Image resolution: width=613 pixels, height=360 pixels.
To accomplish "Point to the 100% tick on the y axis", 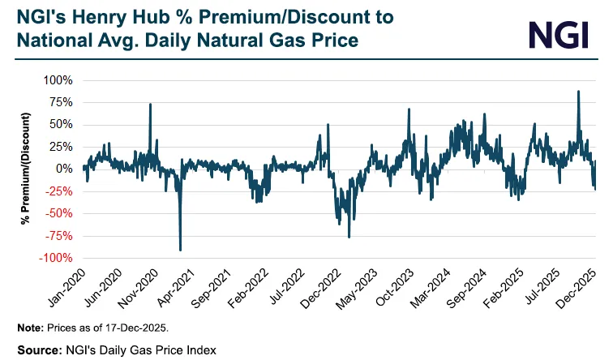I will click(x=58, y=80).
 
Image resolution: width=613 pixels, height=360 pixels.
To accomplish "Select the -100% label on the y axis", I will click(x=56, y=258).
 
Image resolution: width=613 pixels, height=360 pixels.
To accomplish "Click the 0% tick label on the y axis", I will click(x=65, y=169).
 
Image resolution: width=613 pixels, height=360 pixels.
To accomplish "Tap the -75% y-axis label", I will click(x=58, y=236).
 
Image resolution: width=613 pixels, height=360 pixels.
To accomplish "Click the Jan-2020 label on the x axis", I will click(x=67, y=289).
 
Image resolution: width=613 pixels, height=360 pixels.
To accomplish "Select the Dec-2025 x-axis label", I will click(x=579, y=289).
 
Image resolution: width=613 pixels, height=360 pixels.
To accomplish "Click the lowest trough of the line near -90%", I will click(x=180, y=249).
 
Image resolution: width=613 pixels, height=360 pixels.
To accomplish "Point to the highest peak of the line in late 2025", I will click(x=578, y=92).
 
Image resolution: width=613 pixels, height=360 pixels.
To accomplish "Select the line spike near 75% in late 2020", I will click(x=150, y=104).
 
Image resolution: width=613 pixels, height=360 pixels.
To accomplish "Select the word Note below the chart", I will click(x=30, y=328).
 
